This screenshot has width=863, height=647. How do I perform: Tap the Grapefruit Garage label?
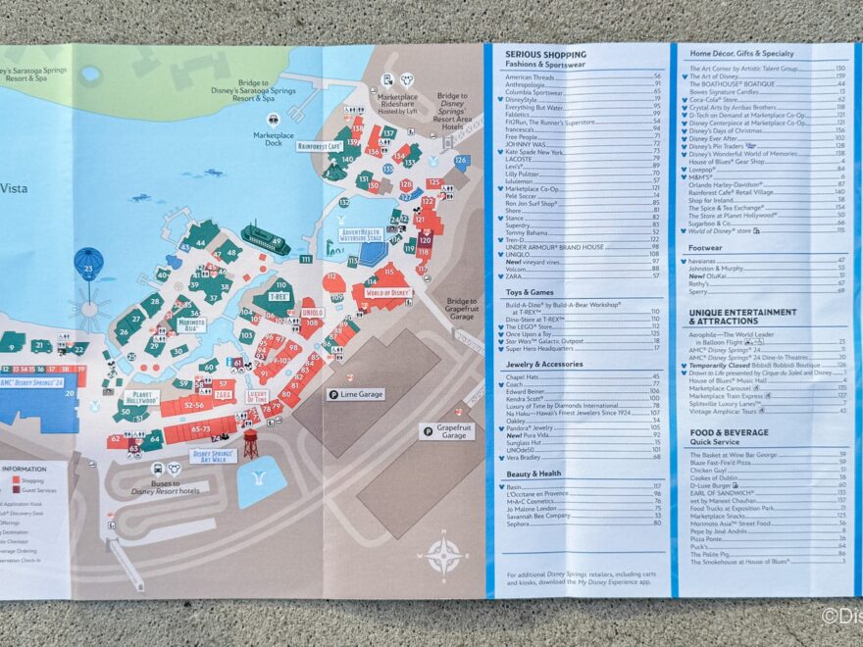click(447, 430)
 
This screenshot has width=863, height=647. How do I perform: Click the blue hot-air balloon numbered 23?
click(88, 264)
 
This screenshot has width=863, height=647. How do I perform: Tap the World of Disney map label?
click(387, 292)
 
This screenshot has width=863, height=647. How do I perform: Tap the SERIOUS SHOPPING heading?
click(545, 55)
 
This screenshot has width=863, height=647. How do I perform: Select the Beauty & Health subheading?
click(533, 473)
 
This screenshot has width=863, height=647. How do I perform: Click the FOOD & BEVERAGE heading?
click(728, 432)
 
